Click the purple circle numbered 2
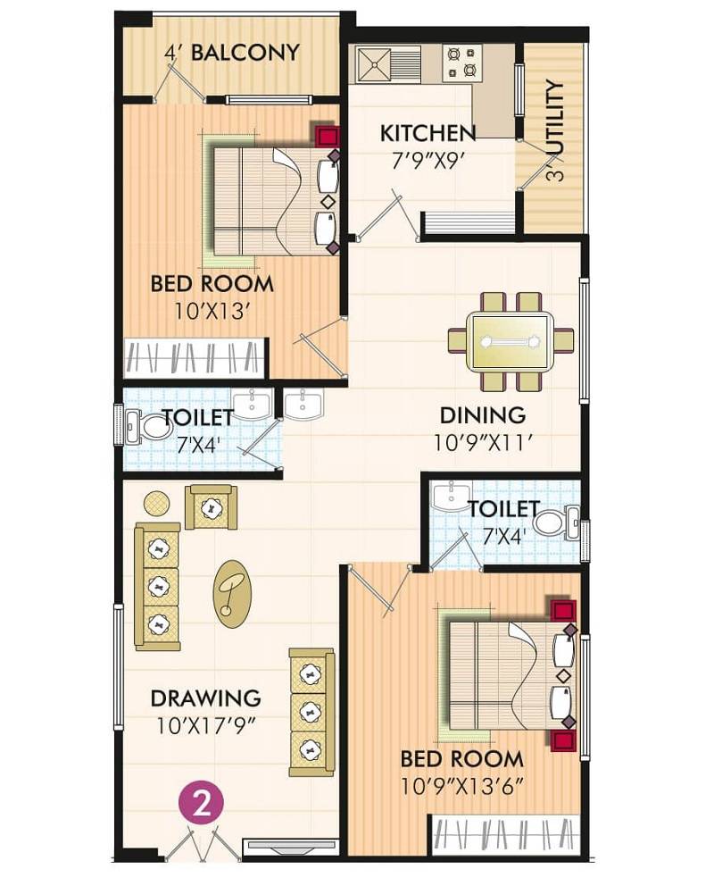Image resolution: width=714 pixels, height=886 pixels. point(203,803)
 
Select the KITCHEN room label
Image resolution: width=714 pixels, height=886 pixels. point(428,133)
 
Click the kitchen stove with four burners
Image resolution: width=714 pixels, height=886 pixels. point(462,63)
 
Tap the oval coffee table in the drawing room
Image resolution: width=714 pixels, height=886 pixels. point(232,593)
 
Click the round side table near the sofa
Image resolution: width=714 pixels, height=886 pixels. point(157,503)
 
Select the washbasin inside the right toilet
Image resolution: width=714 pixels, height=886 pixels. point(452,496)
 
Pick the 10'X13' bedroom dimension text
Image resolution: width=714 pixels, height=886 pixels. point(212,312)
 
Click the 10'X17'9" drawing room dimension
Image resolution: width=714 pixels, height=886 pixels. point(205,724)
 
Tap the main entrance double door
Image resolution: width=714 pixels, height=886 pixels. point(203,844)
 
